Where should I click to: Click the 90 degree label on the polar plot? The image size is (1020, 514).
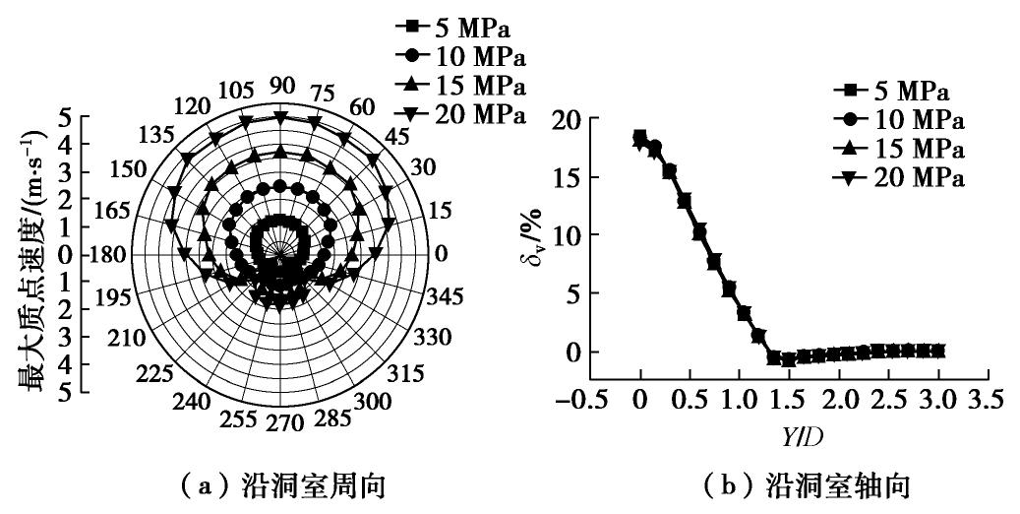[282, 86]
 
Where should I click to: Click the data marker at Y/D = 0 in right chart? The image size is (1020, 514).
[640, 138]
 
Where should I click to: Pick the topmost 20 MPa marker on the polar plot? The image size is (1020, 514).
[281, 117]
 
